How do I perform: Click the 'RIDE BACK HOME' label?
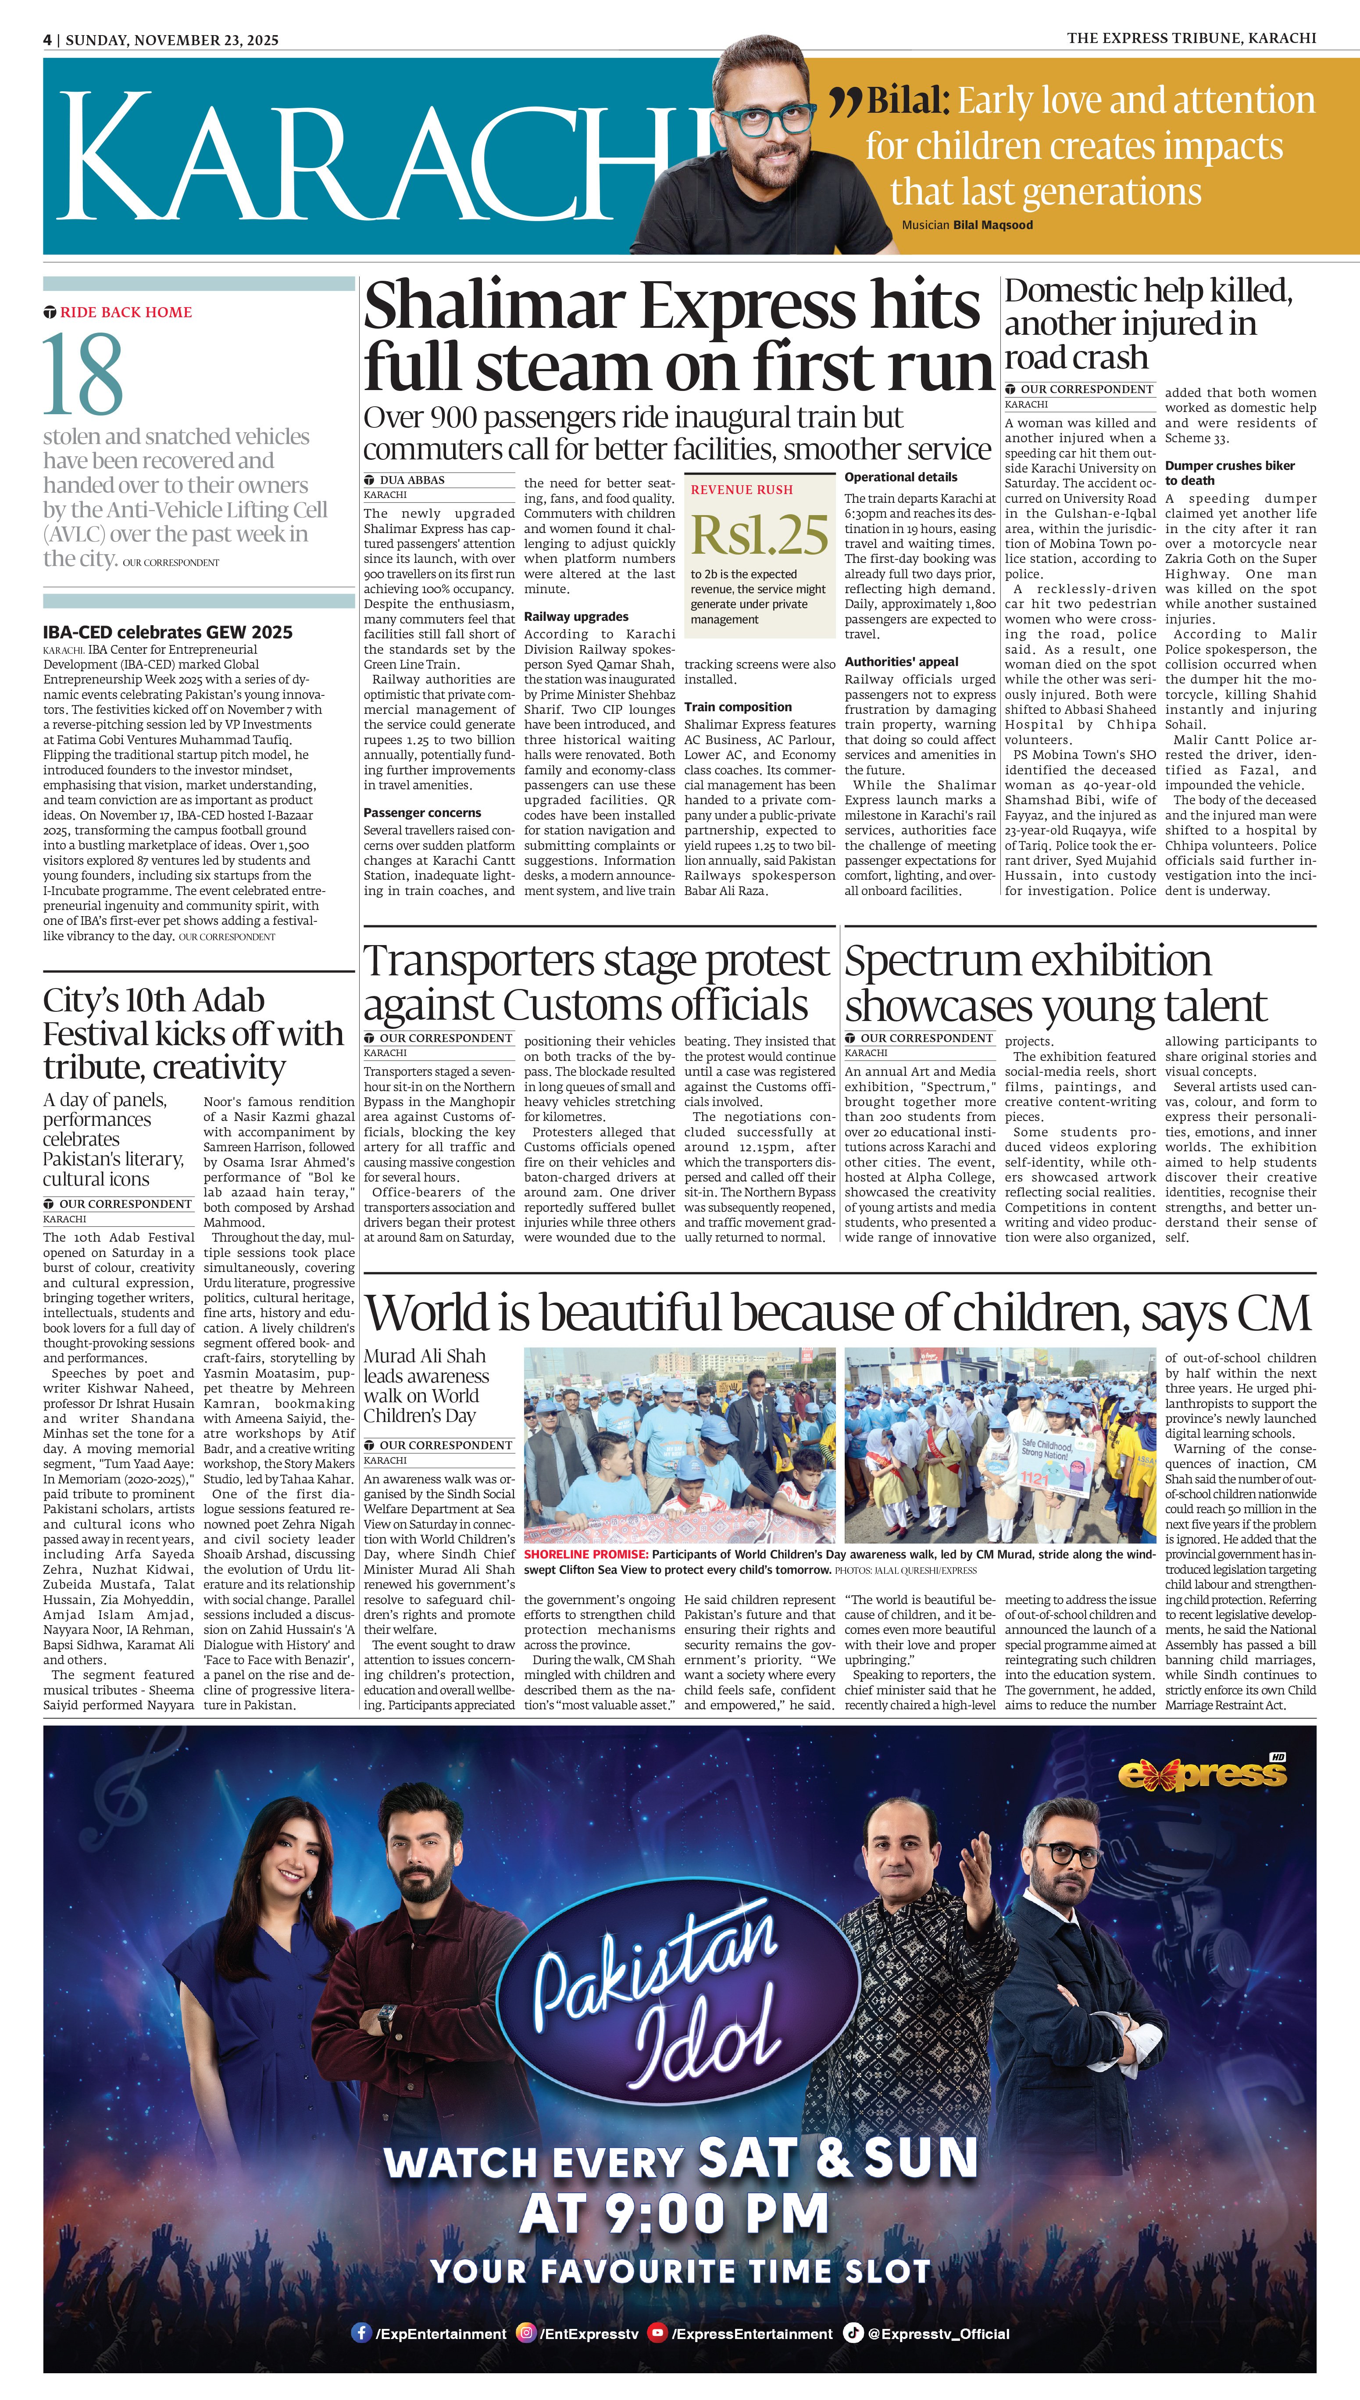point(125,312)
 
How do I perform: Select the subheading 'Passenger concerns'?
point(422,813)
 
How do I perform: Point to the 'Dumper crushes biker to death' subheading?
point(1229,473)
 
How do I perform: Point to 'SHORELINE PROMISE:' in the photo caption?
point(585,1555)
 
